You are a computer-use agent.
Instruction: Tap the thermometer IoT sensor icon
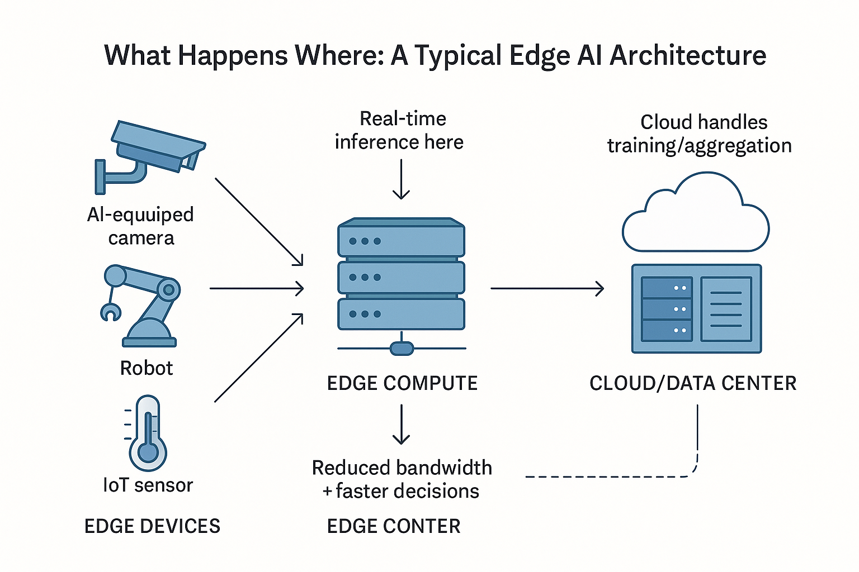click(x=148, y=433)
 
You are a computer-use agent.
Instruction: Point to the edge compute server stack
click(x=401, y=277)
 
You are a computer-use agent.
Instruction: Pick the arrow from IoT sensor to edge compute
click(x=258, y=358)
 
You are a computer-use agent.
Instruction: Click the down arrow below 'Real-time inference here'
click(x=401, y=179)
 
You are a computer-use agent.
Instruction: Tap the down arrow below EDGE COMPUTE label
click(x=401, y=425)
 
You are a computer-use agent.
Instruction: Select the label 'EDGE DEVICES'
click(x=152, y=526)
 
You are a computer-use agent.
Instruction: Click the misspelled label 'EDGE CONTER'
click(x=394, y=526)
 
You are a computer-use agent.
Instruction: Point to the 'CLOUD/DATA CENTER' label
click(x=693, y=383)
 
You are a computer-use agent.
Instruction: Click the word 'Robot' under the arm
click(x=147, y=368)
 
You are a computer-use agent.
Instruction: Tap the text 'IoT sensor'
click(x=148, y=485)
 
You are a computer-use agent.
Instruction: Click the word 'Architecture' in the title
click(x=688, y=56)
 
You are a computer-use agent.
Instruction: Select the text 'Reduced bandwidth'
click(x=402, y=468)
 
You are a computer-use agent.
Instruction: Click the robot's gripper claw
click(x=110, y=312)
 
